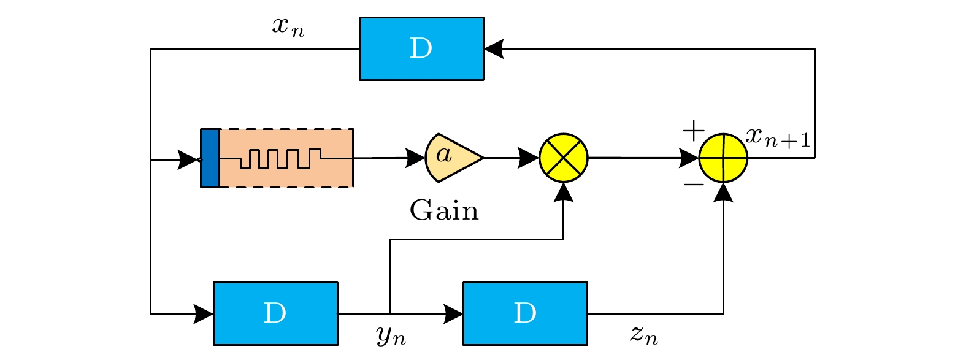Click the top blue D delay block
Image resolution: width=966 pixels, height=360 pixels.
(x=421, y=48)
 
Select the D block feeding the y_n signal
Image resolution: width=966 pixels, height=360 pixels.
(x=275, y=313)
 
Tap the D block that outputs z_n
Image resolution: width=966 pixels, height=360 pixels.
(x=525, y=313)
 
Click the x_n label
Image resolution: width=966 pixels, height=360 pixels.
(x=288, y=27)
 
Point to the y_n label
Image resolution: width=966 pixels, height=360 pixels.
(x=391, y=335)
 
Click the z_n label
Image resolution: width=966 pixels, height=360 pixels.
(x=644, y=335)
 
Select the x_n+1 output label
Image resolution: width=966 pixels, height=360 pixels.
(x=778, y=138)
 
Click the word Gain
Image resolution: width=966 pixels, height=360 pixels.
(x=444, y=211)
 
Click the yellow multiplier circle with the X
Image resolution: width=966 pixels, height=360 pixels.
(x=564, y=158)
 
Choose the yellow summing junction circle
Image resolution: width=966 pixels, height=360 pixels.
(x=724, y=158)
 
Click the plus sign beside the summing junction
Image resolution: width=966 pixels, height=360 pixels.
(x=694, y=131)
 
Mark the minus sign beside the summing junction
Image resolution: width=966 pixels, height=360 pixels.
(x=694, y=184)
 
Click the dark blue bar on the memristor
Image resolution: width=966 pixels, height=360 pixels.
(x=210, y=158)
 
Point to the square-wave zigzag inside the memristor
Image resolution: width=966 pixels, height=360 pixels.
(x=280, y=158)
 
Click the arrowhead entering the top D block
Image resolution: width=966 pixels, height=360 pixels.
(x=494, y=48)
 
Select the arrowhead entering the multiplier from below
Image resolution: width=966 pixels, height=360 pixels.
(x=564, y=193)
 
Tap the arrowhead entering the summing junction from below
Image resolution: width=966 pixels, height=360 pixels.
(x=724, y=193)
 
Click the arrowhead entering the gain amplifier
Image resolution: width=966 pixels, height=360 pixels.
(x=416, y=158)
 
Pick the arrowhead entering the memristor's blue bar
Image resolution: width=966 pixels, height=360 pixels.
(x=188, y=160)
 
